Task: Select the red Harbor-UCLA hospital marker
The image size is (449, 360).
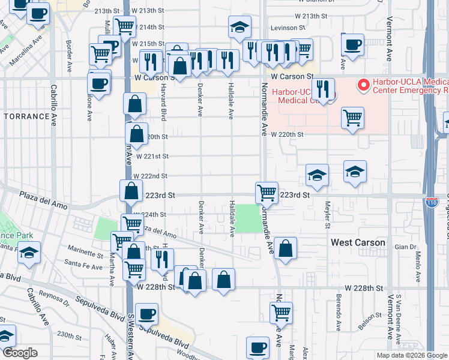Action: [x=363, y=86]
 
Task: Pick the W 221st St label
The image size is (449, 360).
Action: [x=152, y=156]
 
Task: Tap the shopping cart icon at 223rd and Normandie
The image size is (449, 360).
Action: [x=267, y=193]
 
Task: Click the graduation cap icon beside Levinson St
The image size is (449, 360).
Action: [x=240, y=27]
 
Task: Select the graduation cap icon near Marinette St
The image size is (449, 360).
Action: [x=29, y=254]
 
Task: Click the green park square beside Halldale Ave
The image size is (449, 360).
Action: [x=248, y=218]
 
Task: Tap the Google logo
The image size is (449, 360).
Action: [x=20, y=353]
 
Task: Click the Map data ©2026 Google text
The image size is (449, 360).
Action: [x=412, y=355]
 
